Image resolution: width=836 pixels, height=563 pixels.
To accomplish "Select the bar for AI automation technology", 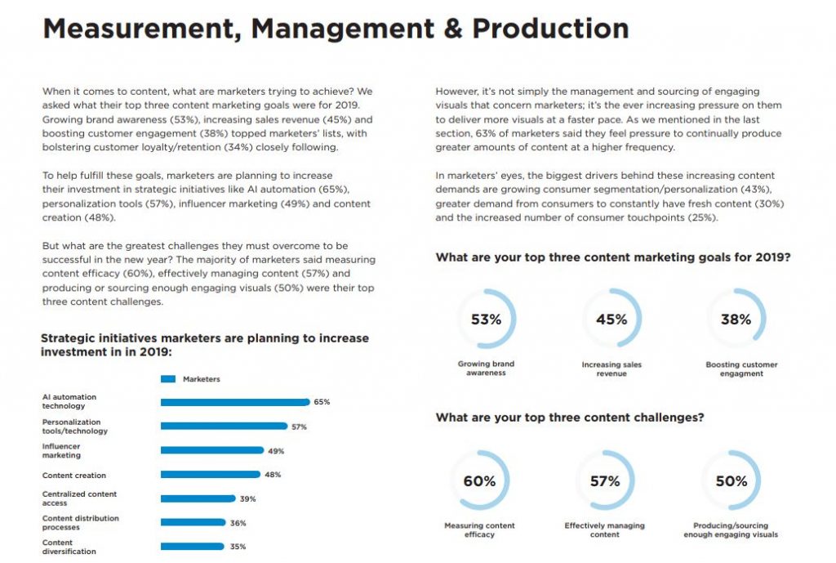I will point(235,402).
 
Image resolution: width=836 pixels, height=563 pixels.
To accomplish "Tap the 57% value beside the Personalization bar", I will point(299,427).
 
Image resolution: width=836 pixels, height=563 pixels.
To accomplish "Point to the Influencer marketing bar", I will point(212,450).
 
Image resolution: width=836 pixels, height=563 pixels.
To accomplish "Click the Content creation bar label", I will point(74,475).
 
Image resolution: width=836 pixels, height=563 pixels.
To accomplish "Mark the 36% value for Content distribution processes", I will point(238,523).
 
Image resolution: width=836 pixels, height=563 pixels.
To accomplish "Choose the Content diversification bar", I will point(192,547).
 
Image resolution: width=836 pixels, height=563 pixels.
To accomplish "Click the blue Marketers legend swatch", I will point(168,379).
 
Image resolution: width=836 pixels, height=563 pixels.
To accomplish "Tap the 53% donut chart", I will point(486,319).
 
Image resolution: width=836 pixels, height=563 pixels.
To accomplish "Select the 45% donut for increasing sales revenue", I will point(611,319).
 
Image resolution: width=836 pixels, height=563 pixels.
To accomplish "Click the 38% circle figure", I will point(736,319).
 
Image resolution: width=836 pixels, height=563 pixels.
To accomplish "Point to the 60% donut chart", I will point(479,481).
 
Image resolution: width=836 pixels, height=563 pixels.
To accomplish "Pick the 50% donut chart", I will point(731,481).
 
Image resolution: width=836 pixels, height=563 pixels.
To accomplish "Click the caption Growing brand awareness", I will point(486,369).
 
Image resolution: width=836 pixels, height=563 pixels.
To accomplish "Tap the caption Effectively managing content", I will point(605,530).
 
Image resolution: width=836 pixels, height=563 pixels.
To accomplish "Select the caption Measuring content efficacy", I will point(479,530).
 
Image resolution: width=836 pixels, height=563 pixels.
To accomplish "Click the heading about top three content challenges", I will point(570,418).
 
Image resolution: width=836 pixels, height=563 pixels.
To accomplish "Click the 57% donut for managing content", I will point(605,481).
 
